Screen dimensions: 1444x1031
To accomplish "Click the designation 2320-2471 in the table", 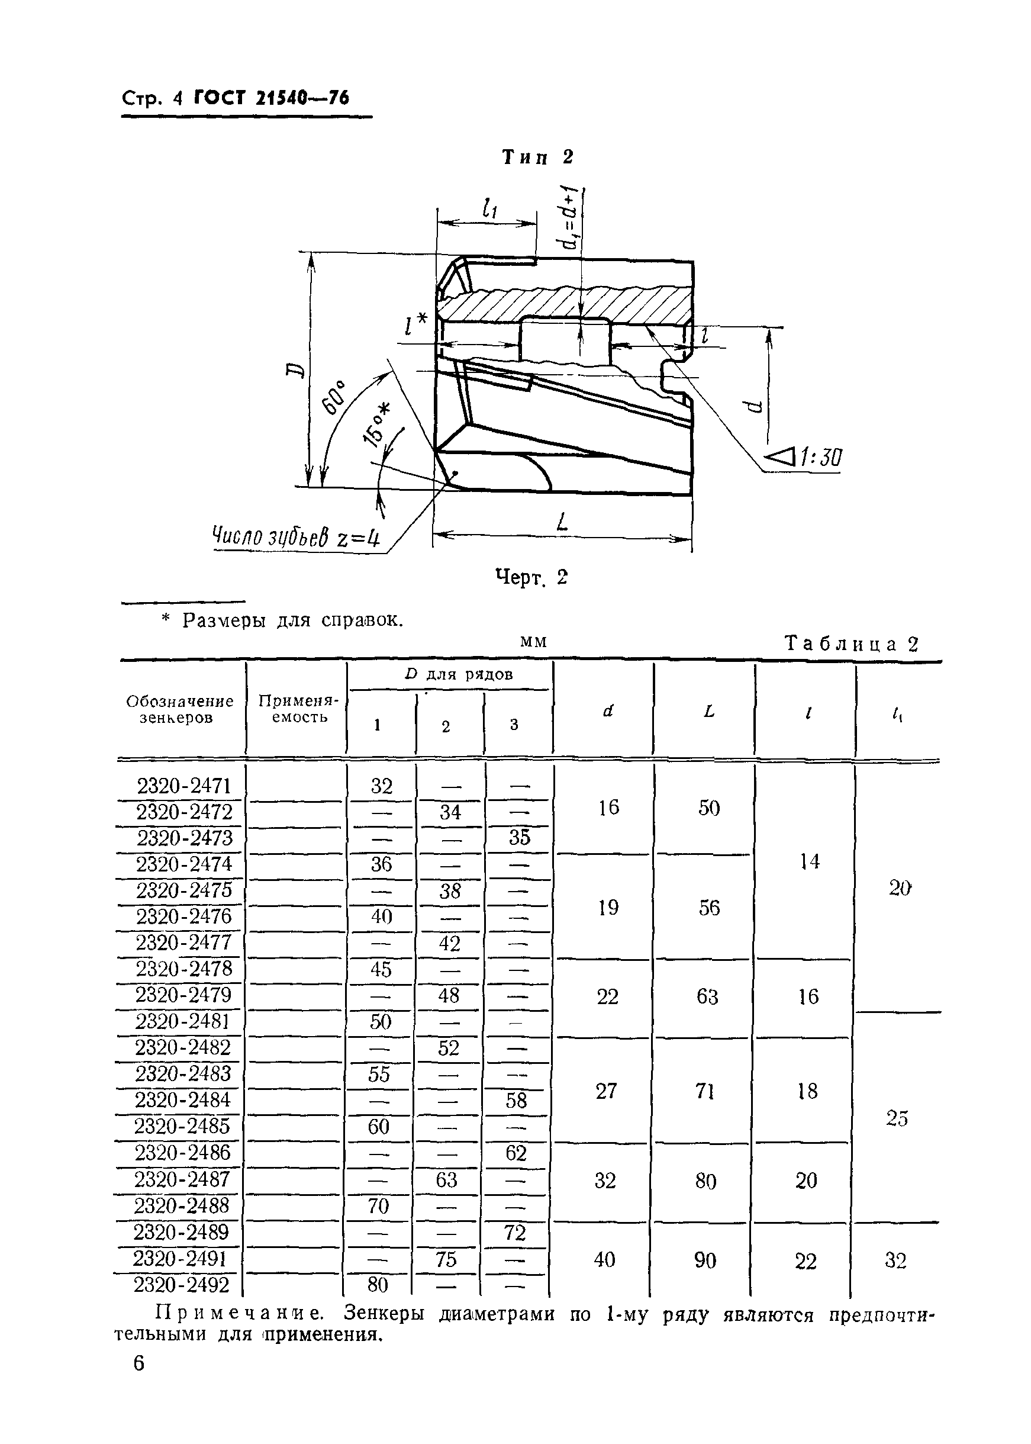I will (x=184, y=786).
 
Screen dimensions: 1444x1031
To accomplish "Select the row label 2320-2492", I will (x=181, y=1285).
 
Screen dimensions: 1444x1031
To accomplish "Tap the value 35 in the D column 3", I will (x=518, y=838).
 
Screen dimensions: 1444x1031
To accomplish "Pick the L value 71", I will (x=705, y=1091).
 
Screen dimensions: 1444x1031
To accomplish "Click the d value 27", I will (x=606, y=1091).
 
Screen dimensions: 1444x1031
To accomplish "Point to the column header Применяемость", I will (x=298, y=709).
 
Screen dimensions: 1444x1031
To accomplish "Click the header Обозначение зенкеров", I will (x=180, y=709).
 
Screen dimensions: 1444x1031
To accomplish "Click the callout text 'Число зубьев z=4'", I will (x=296, y=537).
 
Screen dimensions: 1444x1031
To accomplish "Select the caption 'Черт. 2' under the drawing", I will (x=531, y=577).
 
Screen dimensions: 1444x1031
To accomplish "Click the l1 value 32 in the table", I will (x=895, y=1260).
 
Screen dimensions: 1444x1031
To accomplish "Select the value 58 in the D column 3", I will (x=516, y=1101).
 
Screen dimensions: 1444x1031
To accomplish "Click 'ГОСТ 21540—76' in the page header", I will (x=271, y=98).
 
